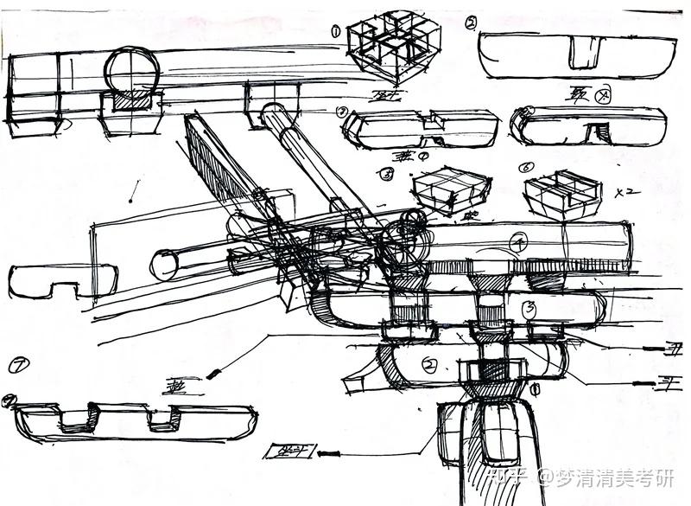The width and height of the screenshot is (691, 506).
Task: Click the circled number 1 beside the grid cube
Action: tap(335, 31)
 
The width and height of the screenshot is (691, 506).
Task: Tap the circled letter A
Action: tap(604, 97)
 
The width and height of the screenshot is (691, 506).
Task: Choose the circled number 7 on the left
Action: tap(16, 365)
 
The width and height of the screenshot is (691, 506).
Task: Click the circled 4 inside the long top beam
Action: tap(519, 243)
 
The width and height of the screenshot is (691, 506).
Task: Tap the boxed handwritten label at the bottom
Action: tap(290, 451)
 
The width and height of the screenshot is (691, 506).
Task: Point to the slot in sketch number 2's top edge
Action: tap(585, 51)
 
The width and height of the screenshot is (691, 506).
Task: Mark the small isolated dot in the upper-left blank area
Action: tap(130, 201)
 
